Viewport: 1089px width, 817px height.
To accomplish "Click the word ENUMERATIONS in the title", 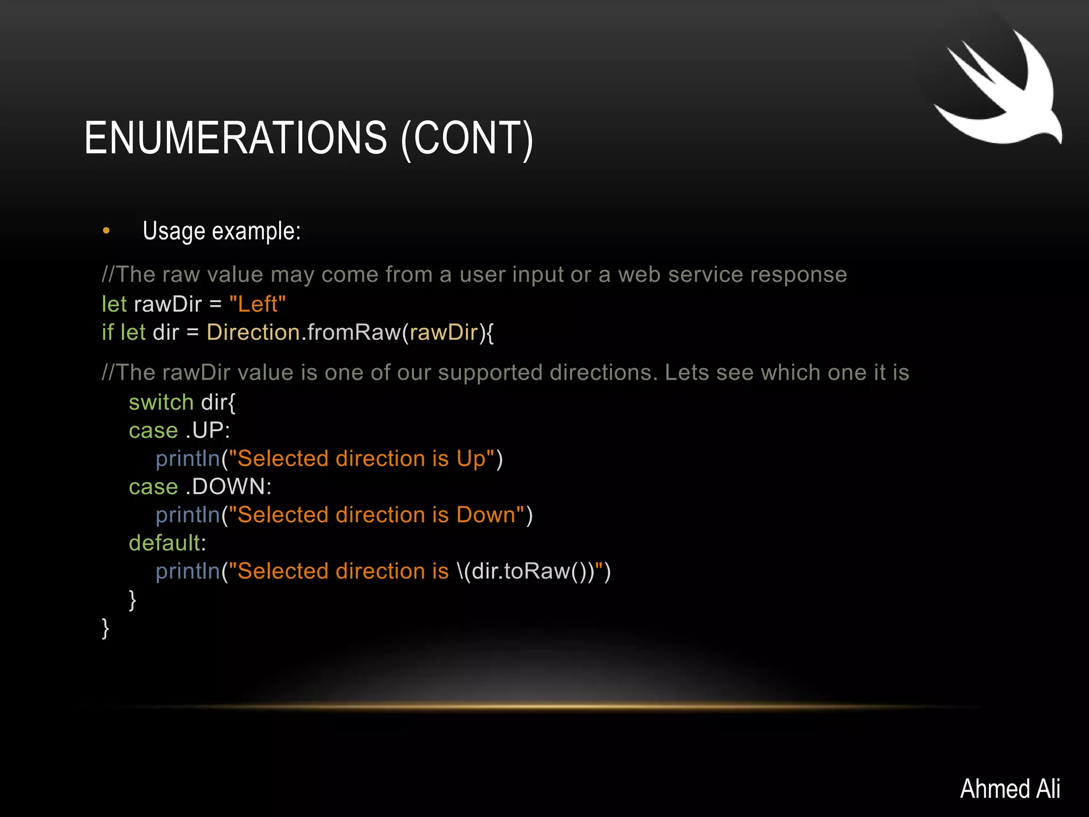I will [236, 138].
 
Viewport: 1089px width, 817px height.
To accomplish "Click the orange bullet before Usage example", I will [106, 231].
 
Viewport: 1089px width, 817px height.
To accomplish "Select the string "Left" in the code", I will [257, 304].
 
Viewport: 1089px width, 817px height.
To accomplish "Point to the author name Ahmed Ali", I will [1010, 788].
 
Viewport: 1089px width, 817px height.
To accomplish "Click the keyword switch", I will [161, 402].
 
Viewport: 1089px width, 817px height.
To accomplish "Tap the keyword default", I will [165, 543].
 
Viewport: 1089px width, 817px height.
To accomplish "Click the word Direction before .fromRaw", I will [254, 332].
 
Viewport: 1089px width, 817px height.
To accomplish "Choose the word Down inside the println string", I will [486, 515].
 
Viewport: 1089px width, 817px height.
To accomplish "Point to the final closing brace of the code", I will [105, 628].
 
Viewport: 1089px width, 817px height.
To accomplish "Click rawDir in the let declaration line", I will [168, 304].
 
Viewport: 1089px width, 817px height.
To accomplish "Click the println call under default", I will [188, 571].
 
